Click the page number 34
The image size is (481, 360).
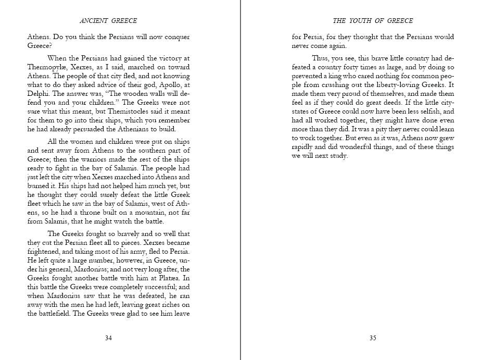click(x=108, y=338)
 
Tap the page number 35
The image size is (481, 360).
click(x=373, y=338)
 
